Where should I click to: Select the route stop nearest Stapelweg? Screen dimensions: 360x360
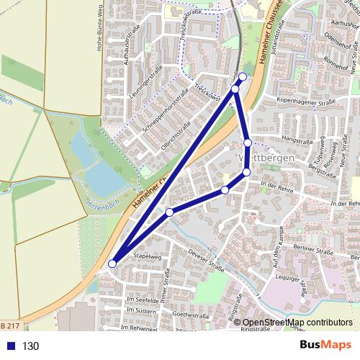(112, 264)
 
